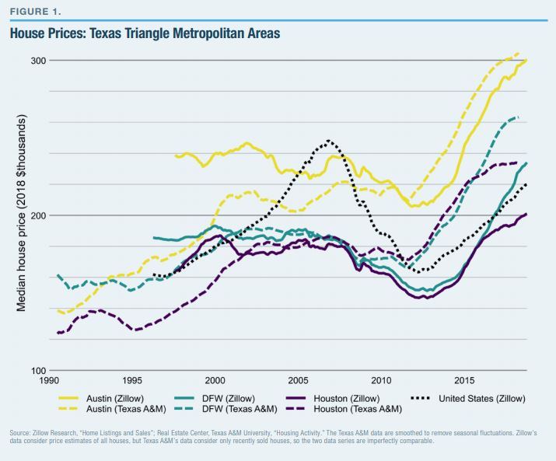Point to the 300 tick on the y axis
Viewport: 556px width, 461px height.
[x=39, y=61]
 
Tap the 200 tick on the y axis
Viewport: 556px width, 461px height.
[x=39, y=215]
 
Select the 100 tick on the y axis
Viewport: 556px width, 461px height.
[x=39, y=371]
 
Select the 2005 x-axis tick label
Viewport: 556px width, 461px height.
[x=298, y=381]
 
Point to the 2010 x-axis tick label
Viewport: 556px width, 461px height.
[x=381, y=381]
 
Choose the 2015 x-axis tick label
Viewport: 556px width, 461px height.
[x=464, y=381]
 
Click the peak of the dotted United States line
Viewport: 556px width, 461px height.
[x=329, y=141]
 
